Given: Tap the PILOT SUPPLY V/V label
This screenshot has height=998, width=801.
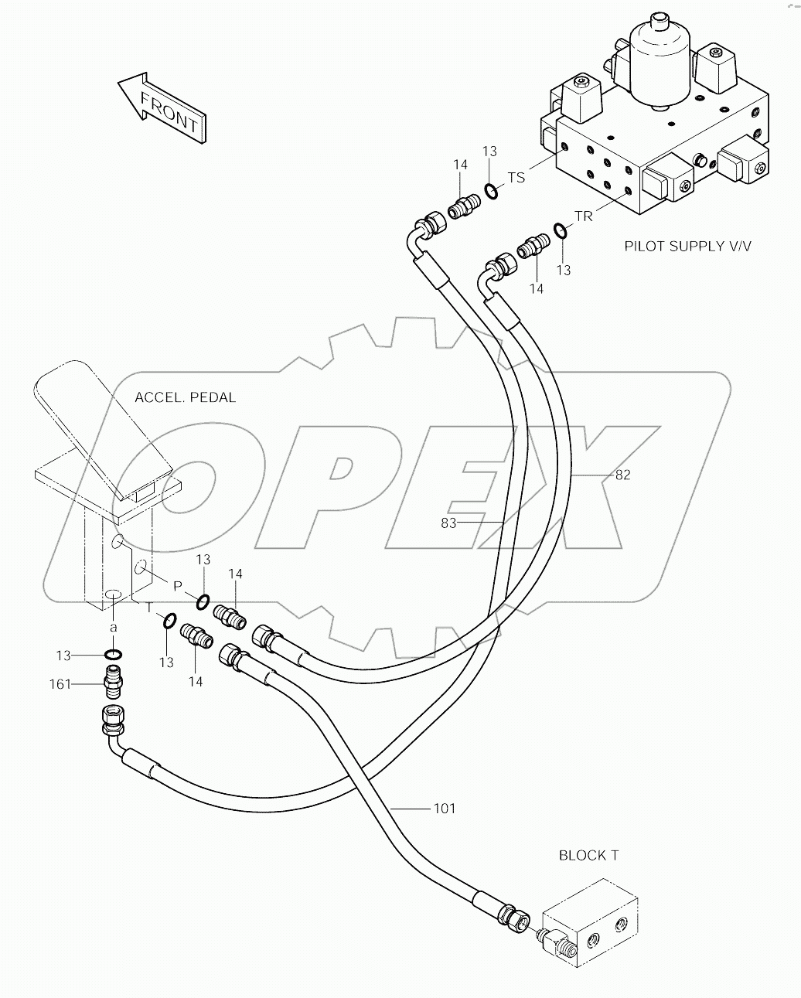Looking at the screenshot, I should pos(687,247).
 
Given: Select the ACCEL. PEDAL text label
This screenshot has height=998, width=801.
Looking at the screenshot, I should pos(185,397).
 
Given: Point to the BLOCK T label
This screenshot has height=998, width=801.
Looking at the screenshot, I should pos(588,855).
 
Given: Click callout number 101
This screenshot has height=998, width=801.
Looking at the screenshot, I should pos(444,809).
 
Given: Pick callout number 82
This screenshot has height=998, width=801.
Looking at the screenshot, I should pos(622,475).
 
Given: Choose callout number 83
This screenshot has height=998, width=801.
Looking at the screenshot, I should pos(449,523).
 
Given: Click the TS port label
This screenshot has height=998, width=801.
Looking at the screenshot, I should pos(516,178).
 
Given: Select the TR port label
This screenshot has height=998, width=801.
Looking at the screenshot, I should pos(583,216).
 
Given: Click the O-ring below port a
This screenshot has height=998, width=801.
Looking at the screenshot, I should pos(113,656).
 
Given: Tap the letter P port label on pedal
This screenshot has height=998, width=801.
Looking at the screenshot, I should pos(177,586).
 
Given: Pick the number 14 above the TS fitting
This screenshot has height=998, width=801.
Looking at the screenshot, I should pos(460,165).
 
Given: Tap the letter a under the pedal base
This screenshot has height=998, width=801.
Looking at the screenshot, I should pos(113,627).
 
